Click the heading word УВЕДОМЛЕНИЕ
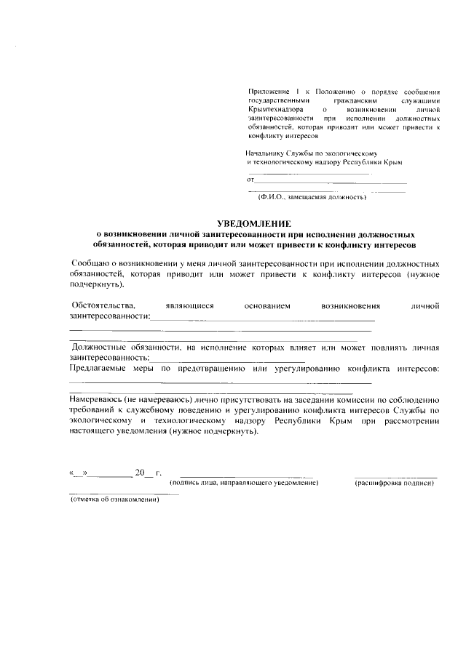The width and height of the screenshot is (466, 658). pyautogui.click(x=254, y=223)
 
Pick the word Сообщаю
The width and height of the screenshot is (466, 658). pyautogui.click(x=89, y=261)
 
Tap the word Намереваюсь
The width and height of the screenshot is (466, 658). pyautogui.click(x=95, y=399)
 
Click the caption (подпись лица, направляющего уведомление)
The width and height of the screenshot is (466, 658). pyautogui.click(x=244, y=484)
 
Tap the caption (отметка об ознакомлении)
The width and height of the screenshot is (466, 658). pyautogui.click(x=114, y=502)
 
